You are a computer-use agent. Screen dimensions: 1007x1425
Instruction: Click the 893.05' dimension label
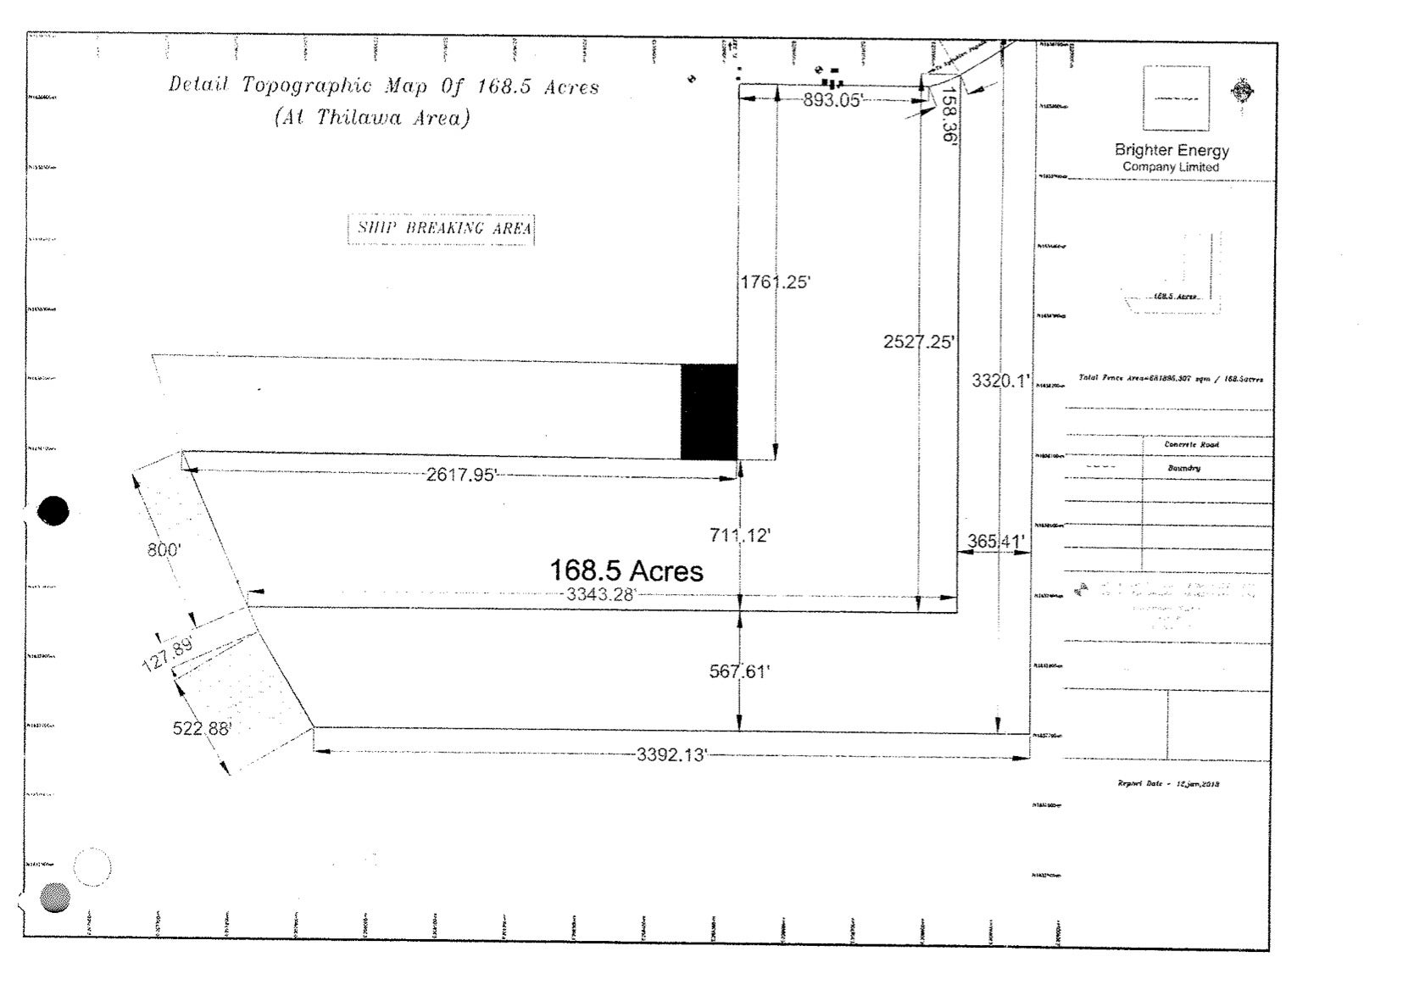[832, 101]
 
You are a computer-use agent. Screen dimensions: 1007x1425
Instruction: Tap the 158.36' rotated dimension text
[949, 114]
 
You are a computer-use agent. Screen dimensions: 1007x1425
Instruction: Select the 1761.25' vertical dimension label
[775, 282]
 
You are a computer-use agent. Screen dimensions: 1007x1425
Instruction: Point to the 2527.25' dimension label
[919, 342]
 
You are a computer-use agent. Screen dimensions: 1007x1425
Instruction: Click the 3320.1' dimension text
[999, 381]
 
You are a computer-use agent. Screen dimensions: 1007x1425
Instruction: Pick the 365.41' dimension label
[996, 541]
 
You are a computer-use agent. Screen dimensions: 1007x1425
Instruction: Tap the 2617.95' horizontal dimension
[460, 475]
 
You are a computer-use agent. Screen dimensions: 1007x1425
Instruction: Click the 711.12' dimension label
[739, 535]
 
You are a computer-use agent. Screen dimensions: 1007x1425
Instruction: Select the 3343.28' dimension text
[600, 594]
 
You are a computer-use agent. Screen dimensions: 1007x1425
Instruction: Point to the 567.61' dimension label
[739, 671]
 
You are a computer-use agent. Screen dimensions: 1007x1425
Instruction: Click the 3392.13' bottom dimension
[671, 754]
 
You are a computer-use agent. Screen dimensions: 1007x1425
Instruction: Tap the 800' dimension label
[164, 550]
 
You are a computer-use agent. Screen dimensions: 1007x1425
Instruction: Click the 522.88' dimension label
[202, 728]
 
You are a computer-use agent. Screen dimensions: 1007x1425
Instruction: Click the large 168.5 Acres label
[626, 570]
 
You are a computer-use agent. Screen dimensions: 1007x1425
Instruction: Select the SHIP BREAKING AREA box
[442, 228]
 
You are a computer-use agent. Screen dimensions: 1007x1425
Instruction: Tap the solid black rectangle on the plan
[710, 412]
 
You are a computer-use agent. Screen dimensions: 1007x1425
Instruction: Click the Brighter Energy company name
[1172, 150]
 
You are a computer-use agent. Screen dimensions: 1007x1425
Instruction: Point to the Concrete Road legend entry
[1191, 444]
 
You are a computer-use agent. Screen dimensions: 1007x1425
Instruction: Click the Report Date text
[1167, 783]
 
